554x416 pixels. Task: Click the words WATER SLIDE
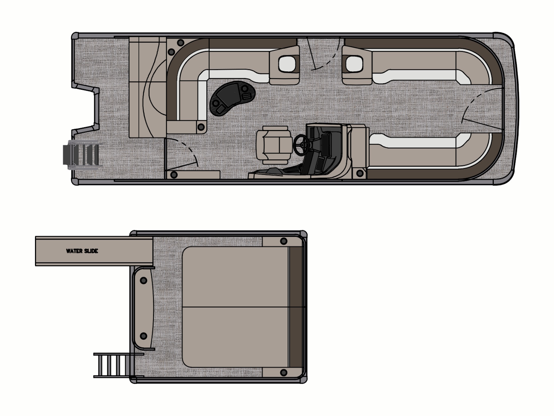pyautogui.click(x=82, y=251)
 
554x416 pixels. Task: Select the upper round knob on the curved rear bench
pyautogui.click(x=143, y=280)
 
